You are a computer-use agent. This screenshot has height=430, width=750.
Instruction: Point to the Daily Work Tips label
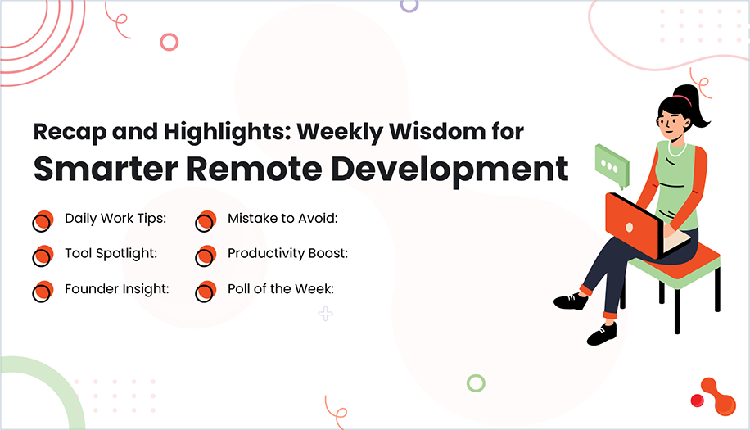point(115,219)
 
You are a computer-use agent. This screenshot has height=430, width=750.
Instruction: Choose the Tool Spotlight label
point(111,253)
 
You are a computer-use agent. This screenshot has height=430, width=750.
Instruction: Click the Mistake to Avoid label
point(282,219)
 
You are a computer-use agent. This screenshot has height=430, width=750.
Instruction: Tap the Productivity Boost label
point(287,253)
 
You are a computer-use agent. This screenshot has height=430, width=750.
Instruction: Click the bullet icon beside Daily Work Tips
point(42,221)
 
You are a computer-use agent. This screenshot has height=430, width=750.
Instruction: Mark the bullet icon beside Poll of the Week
point(205,292)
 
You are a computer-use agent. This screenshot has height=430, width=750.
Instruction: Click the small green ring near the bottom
point(476,382)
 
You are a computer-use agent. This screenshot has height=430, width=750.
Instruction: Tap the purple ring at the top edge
point(409,5)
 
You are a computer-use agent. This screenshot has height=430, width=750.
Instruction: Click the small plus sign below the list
point(325,314)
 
